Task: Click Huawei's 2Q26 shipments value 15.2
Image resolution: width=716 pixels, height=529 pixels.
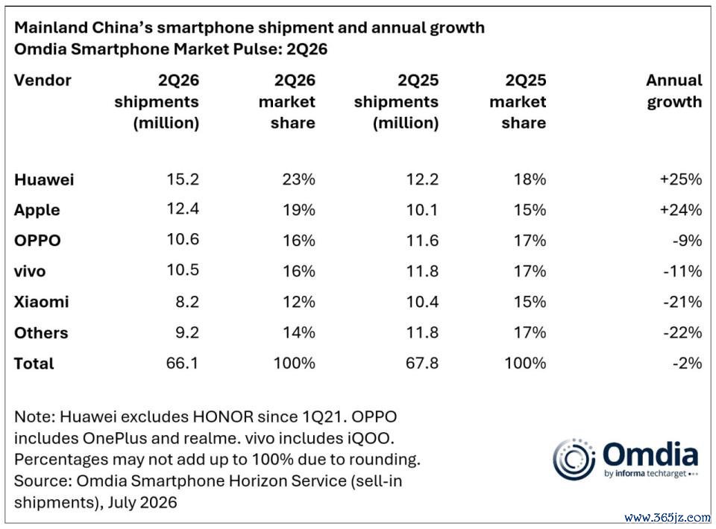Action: click(183, 180)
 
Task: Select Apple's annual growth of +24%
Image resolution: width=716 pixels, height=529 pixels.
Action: click(681, 210)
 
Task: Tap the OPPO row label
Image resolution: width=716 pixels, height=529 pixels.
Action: click(37, 241)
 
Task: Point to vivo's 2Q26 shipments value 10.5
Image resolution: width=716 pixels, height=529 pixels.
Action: click(183, 270)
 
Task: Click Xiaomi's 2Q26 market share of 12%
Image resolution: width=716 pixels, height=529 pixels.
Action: click(299, 302)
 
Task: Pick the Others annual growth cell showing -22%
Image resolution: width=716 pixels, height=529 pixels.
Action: click(682, 332)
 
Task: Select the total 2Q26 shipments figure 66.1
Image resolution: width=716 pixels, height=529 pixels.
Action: click(182, 363)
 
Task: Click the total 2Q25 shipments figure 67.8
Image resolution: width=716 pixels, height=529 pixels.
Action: click(422, 363)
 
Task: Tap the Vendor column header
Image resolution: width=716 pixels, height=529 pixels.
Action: click(43, 80)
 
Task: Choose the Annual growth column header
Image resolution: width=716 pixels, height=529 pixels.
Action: click(674, 92)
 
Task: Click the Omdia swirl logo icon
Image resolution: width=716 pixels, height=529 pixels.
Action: click(574, 459)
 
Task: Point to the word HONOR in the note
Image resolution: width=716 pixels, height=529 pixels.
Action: click(223, 416)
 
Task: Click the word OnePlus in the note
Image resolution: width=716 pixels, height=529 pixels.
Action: click(115, 438)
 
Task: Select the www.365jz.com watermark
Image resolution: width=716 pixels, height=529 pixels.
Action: click(667, 518)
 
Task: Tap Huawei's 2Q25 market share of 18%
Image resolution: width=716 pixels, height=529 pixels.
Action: click(530, 180)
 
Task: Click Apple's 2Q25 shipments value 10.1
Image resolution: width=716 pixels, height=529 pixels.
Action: click(422, 210)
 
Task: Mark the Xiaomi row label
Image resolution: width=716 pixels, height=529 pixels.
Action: click(42, 302)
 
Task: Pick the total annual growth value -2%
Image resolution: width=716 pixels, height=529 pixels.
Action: click(687, 363)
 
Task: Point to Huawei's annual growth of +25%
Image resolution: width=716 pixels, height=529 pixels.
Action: click(681, 180)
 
